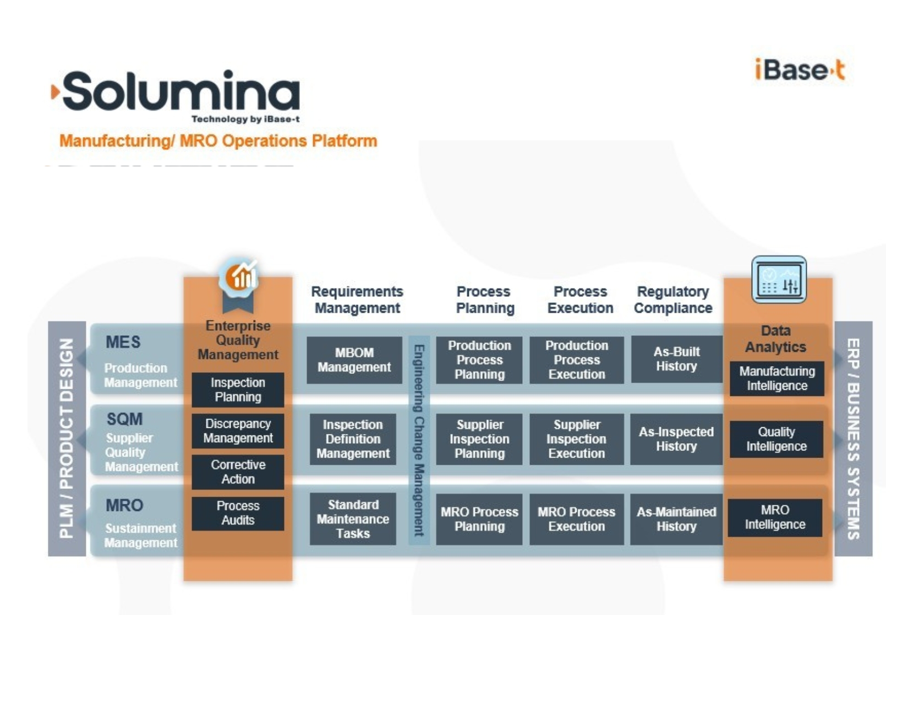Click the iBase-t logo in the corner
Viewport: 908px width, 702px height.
(x=800, y=70)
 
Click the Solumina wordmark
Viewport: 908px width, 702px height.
(x=180, y=91)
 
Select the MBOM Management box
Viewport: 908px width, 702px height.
(x=354, y=360)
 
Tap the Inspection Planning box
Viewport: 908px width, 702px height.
(x=238, y=390)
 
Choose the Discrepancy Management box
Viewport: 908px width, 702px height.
(x=238, y=431)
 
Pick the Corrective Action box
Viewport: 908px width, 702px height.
(x=238, y=472)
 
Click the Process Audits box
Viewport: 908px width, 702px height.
(x=238, y=513)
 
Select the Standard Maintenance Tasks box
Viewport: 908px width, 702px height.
(x=353, y=519)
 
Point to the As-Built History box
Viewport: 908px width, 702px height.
(x=676, y=359)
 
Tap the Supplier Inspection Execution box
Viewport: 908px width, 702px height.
(x=576, y=439)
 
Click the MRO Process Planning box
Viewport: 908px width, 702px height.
(x=479, y=519)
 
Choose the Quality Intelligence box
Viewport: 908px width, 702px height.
(x=776, y=439)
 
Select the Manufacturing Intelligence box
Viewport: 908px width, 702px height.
(x=776, y=378)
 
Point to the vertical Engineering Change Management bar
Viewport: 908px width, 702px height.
(x=419, y=440)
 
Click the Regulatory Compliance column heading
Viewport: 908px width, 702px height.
(x=672, y=300)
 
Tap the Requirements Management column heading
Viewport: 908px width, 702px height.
(x=357, y=300)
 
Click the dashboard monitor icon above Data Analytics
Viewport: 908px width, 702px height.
(x=779, y=280)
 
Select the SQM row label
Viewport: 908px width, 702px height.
(x=125, y=420)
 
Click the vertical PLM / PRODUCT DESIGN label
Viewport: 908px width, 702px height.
(x=67, y=438)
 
